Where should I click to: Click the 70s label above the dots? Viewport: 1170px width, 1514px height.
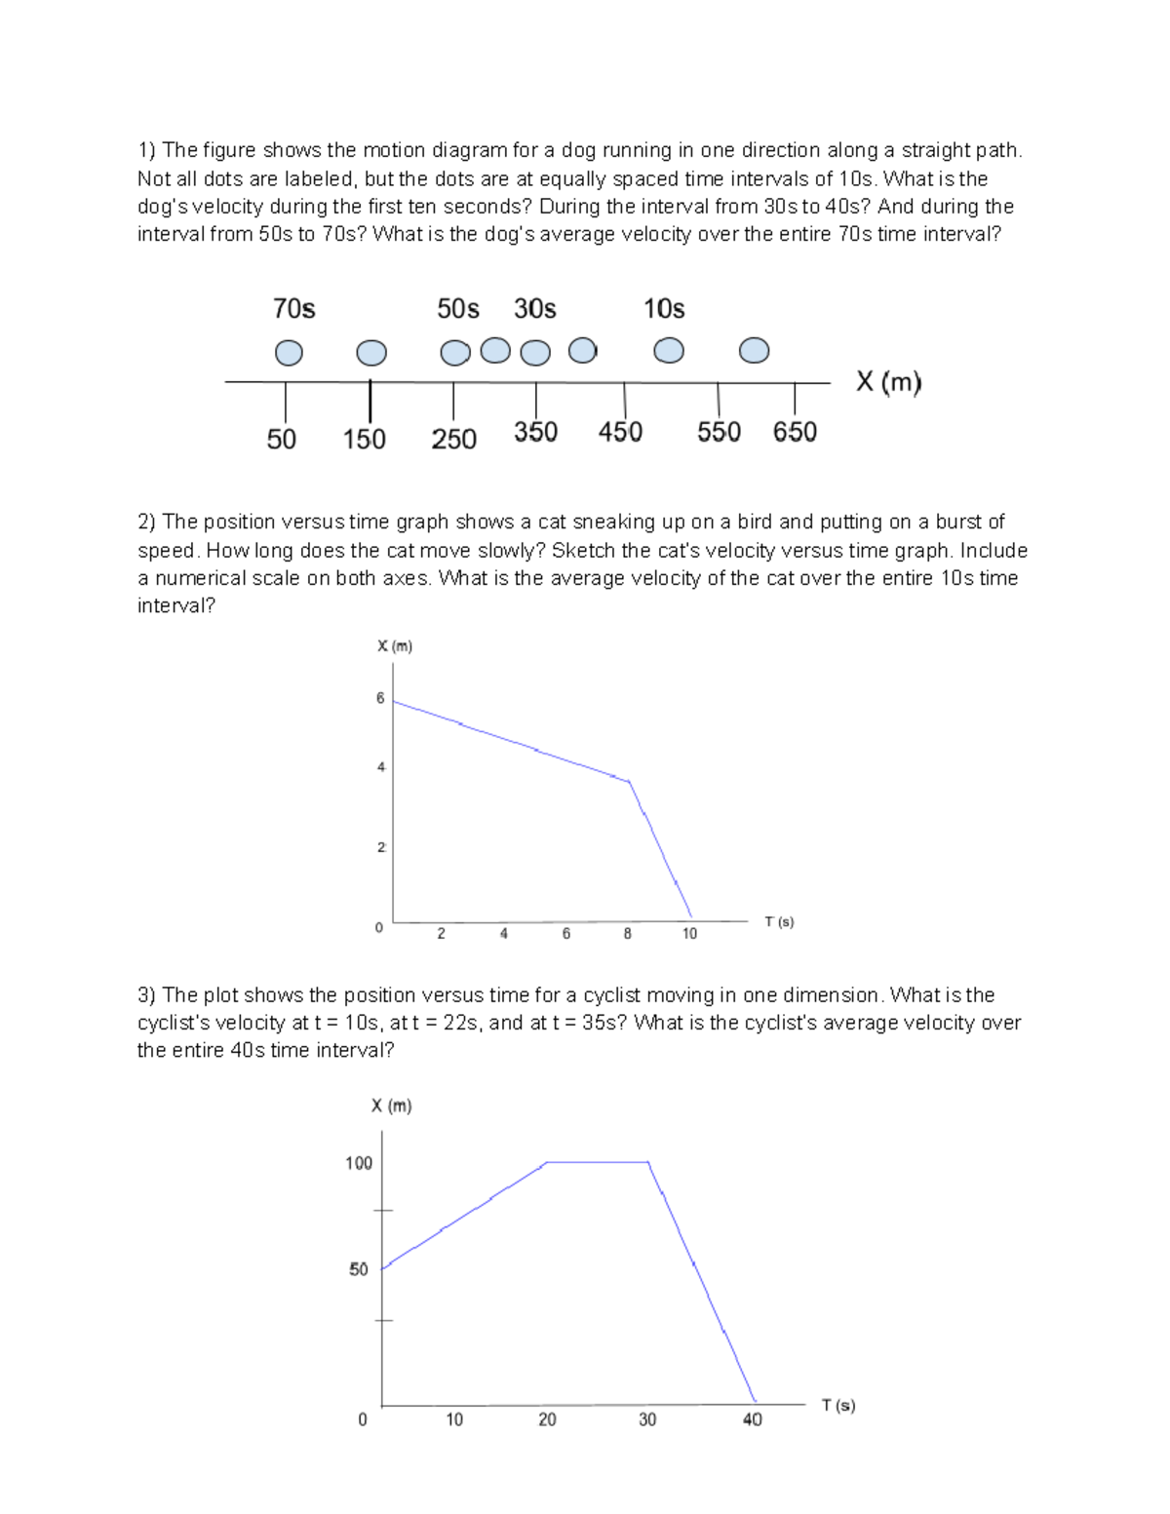(x=293, y=309)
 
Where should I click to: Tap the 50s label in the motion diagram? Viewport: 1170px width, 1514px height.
(x=457, y=309)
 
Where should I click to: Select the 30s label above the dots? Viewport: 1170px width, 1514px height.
(x=534, y=309)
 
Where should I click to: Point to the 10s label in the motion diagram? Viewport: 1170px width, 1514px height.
(x=663, y=309)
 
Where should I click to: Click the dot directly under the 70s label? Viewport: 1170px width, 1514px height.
(x=289, y=353)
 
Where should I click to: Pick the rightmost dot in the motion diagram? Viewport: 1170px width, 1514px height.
(x=754, y=350)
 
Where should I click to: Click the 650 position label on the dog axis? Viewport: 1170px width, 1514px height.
(x=795, y=432)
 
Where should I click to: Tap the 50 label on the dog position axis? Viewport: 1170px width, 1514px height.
(x=281, y=440)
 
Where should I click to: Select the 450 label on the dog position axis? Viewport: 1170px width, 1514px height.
(x=620, y=432)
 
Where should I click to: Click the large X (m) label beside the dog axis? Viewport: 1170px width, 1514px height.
(x=888, y=381)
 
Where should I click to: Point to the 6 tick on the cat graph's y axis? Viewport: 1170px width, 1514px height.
(x=380, y=698)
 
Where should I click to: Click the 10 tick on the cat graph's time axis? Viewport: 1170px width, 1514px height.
(x=689, y=934)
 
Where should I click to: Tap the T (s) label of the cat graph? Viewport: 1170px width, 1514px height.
(x=779, y=921)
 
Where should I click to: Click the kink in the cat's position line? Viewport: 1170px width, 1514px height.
(x=629, y=782)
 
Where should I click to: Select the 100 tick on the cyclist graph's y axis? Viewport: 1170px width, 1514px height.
(x=359, y=1163)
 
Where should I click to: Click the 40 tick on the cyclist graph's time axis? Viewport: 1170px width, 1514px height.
(x=752, y=1419)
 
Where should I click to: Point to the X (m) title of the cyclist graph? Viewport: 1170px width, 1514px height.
(x=391, y=1106)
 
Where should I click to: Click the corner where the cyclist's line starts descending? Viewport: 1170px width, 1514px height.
(x=647, y=1162)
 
